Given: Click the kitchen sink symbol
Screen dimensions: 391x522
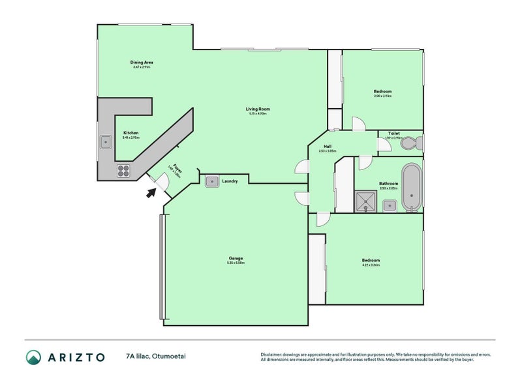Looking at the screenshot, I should (105, 141).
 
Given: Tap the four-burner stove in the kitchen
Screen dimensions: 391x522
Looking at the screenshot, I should (124, 171).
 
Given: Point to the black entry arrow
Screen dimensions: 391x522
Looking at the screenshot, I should (151, 192).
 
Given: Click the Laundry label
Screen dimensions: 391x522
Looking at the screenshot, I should (230, 181).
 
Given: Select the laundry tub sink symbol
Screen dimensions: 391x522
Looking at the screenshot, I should (211, 181).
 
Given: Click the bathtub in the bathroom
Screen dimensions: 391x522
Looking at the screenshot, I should (410, 188).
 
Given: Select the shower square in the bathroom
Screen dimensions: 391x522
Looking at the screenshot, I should (367, 202).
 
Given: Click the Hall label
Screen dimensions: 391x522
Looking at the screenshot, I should (327, 147).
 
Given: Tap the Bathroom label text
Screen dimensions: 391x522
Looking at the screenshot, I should (388, 184).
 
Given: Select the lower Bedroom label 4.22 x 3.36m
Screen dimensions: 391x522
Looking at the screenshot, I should (370, 261).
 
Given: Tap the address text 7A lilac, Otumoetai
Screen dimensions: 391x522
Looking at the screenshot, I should (161, 356).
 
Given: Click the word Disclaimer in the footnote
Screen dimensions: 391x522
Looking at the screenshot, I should (273, 355).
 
